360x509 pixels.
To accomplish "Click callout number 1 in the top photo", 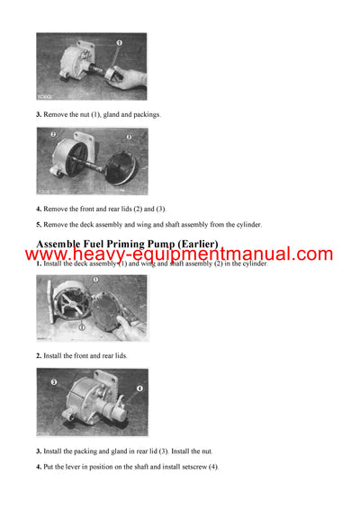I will click(119, 42).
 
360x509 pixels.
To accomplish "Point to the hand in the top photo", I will click(128, 79).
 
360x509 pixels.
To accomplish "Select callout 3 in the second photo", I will click(129, 138).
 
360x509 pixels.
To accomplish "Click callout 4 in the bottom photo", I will click(139, 388).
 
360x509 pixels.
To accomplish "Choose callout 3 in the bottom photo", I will click(53, 382).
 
